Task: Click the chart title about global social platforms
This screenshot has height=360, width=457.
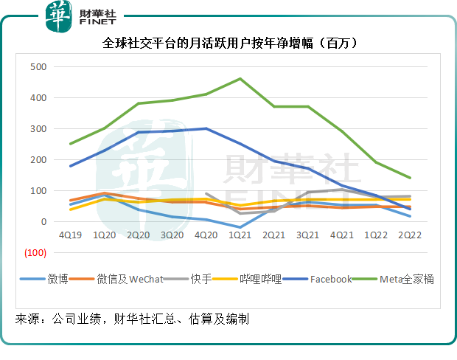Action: click(x=229, y=44)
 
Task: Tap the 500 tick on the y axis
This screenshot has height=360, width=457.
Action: click(x=38, y=66)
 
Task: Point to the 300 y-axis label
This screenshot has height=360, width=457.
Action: click(x=38, y=128)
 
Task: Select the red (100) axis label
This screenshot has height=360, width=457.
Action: click(x=35, y=252)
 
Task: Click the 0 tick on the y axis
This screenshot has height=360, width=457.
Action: click(x=43, y=221)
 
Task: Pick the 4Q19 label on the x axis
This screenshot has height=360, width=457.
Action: click(x=71, y=235)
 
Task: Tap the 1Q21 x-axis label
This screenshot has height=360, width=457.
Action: click(x=240, y=235)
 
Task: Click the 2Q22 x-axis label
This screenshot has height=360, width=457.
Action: click(x=409, y=235)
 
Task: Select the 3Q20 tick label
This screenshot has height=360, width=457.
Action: click(x=172, y=235)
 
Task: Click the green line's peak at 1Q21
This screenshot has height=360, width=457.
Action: click(x=240, y=78)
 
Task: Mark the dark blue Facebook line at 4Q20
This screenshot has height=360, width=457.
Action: click(x=206, y=128)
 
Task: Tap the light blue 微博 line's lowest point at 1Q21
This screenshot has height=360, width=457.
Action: click(x=240, y=227)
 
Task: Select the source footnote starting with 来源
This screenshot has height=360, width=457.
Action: click(x=133, y=319)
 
